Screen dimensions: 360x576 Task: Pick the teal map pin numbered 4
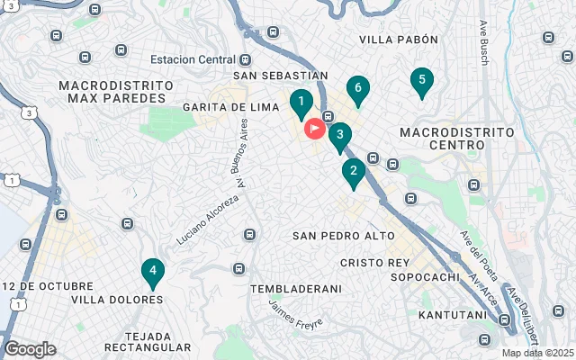[x=153, y=272]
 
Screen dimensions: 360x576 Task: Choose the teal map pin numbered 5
[x=419, y=81]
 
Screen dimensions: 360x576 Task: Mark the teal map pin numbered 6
[x=358, y=89]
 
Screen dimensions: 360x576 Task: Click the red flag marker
[x=314, y=129]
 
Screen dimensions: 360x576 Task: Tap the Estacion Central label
[x=193, y=60]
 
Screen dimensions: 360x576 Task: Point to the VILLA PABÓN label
[x=398, y=40]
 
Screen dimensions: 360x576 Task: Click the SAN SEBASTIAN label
[x=280, y=76]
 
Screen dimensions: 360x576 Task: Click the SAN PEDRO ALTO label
[x=344, y=236]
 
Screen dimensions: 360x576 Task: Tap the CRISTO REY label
[x=375, y=262]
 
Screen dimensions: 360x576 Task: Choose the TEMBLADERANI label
[x=296, y=289]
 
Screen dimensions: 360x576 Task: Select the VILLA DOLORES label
[x=104, y=300]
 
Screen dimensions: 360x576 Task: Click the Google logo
[x=30, y=349]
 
